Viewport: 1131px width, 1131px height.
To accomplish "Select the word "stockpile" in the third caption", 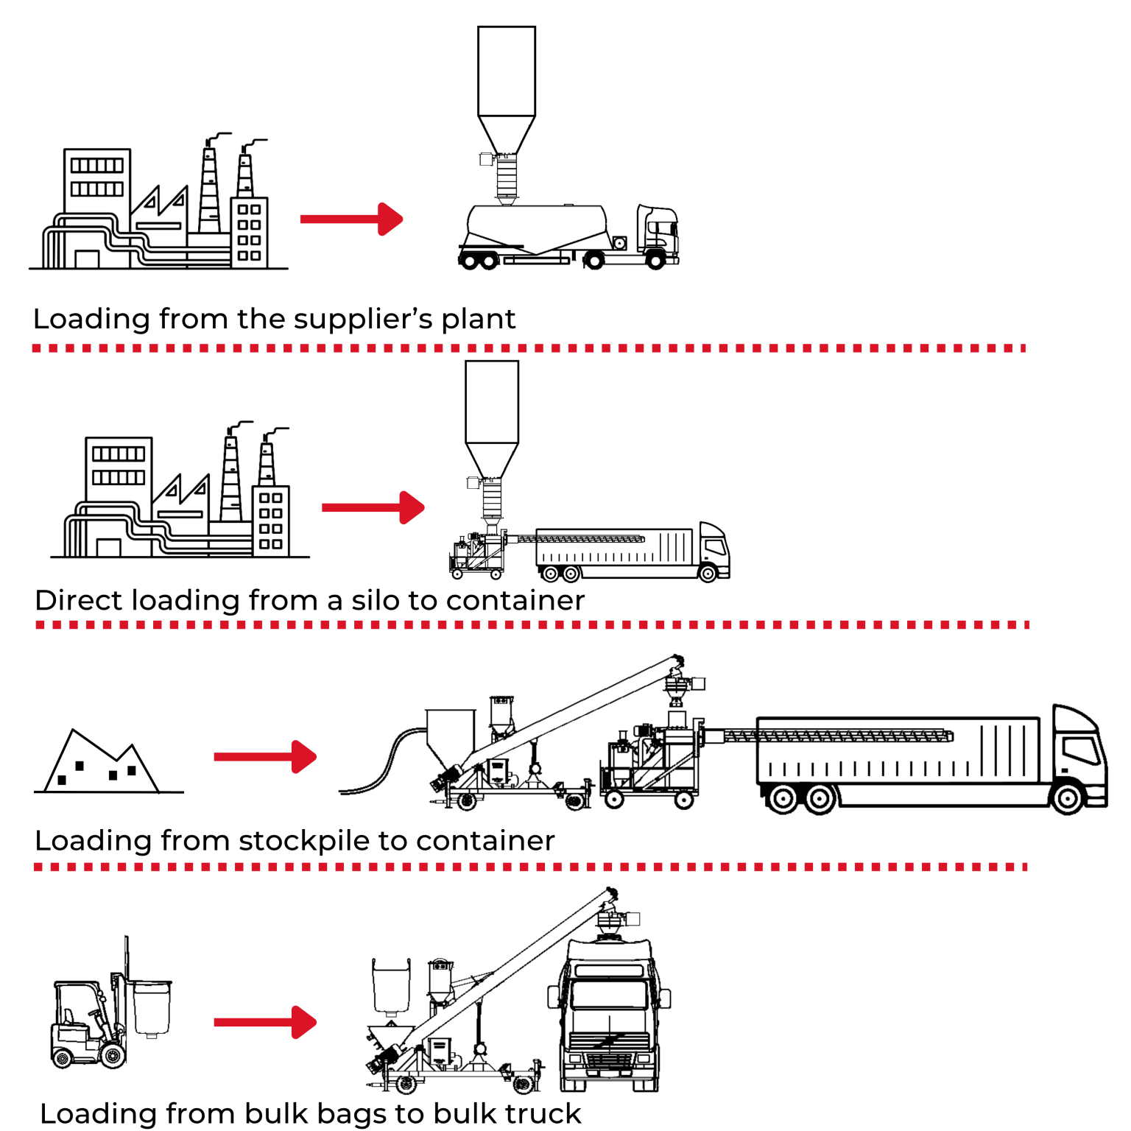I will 304,841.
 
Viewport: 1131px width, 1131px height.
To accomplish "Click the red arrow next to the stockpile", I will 265,757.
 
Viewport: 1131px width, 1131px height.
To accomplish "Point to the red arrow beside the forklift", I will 265,1022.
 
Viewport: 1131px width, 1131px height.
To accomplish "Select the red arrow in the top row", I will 351,219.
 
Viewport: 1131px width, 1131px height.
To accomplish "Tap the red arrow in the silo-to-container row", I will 373,507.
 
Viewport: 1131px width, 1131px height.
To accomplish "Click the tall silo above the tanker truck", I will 507,88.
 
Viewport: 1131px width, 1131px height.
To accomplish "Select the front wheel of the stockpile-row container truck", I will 1067,798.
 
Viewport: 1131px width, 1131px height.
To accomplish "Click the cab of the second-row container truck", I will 714,549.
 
